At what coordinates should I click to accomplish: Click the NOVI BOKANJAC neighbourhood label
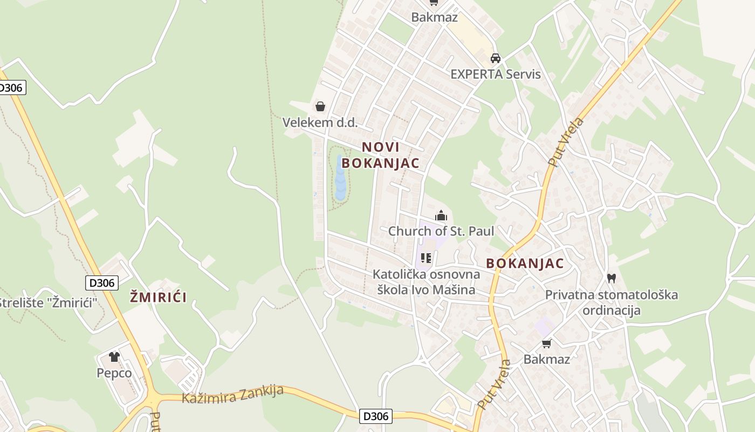click(381, 155)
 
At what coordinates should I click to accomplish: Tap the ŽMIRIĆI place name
click(158, 296)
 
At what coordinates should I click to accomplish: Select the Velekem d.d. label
click(320, 123)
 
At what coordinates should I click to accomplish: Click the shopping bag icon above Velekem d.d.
click(320, 106)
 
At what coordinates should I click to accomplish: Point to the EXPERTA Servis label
click(496, 74)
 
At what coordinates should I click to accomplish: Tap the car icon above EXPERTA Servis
click(496, 58)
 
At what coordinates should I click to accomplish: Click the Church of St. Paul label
click(441, 231)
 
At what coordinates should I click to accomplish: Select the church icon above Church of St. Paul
click(441, 215)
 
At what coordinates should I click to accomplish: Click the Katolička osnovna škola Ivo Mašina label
click(426, 282)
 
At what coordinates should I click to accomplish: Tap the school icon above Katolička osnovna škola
click(426, 258)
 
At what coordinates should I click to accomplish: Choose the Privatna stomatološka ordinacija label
click(612, 302)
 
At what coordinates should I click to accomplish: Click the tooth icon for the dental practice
click(611, 279)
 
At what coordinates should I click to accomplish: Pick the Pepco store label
click(114, 373)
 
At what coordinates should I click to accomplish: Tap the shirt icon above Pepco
click(114, 357)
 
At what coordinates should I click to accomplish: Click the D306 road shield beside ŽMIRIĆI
click(101, 282)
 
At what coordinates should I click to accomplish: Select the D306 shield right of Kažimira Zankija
click(376, 416)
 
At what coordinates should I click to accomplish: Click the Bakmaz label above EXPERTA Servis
click(434, 17)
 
